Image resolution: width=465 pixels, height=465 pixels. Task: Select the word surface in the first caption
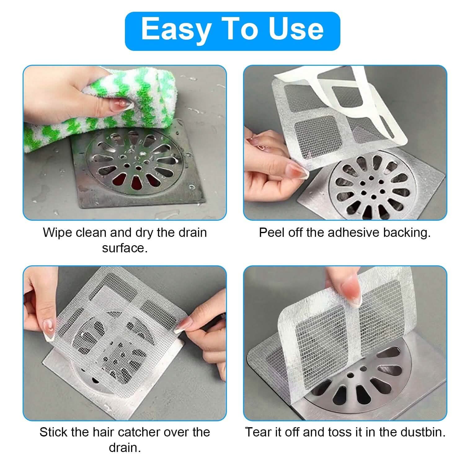tap(125, 248)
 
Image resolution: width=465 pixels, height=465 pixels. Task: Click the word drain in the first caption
tap(192, 232)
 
